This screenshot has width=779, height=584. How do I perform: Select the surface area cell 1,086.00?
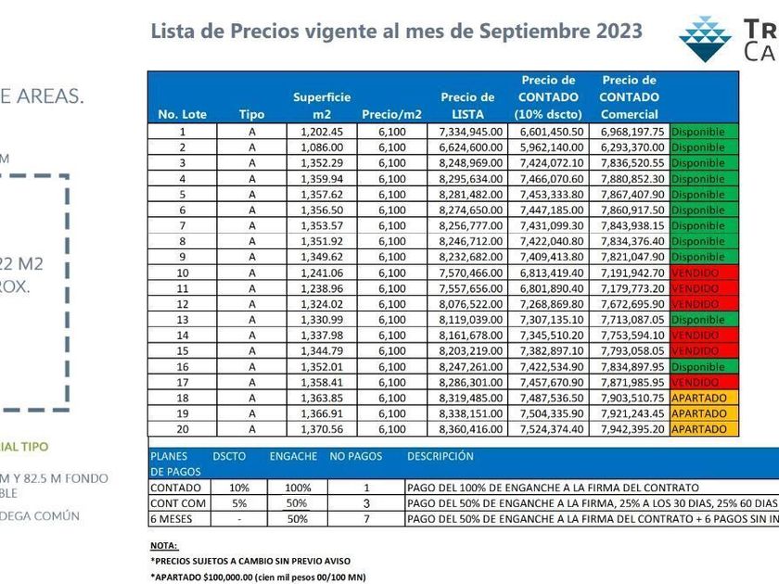pos(322,147)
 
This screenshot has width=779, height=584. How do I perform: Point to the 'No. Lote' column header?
pos(183,115)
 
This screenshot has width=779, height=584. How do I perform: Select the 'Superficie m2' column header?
pos(322,106)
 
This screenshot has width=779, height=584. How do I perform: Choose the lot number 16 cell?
pos(183,367)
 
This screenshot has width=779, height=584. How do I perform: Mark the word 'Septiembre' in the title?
pos(527,32)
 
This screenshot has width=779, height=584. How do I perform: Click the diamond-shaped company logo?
pos(705,37)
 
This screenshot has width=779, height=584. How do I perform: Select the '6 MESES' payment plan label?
pos(171,519)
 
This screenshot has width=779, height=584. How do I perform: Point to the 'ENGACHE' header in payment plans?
pos(293,456)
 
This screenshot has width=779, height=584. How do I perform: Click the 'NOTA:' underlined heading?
pos(163,546)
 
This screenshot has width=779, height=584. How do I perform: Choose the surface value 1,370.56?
pos(322,430)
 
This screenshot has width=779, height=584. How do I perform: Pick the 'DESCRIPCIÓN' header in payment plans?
pos(440,456)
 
